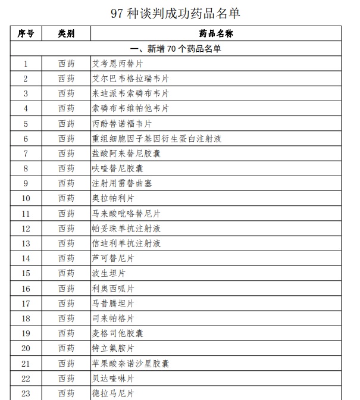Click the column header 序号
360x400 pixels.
(x=26, y=33)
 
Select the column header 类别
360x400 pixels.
(x=66, y=33)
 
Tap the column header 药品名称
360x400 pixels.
(x=216, y=33)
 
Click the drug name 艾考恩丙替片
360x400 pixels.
(x=117, y=64)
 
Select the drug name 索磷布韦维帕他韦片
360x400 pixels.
(x=130, y=108)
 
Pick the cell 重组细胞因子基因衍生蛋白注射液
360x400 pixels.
(x=156, y=139)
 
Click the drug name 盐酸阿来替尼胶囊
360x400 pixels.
(x=126, y=154)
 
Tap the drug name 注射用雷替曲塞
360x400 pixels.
(x=121, y=183)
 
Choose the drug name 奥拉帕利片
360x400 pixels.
(x=113, y=198)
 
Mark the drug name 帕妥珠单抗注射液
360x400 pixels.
(x=126, y=229)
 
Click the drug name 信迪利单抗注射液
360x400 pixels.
(x=126, y=243)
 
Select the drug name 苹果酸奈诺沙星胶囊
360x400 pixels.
(x=130, y=364)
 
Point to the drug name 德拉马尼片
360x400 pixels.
(x=113, y=393)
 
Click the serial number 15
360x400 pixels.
(x=26, y=273)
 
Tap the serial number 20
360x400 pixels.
(x=26, y=348)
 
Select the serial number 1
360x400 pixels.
(x=26, y=64)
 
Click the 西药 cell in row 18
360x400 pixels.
(x=66, y=318)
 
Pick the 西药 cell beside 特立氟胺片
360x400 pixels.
(x=66, y=348)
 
